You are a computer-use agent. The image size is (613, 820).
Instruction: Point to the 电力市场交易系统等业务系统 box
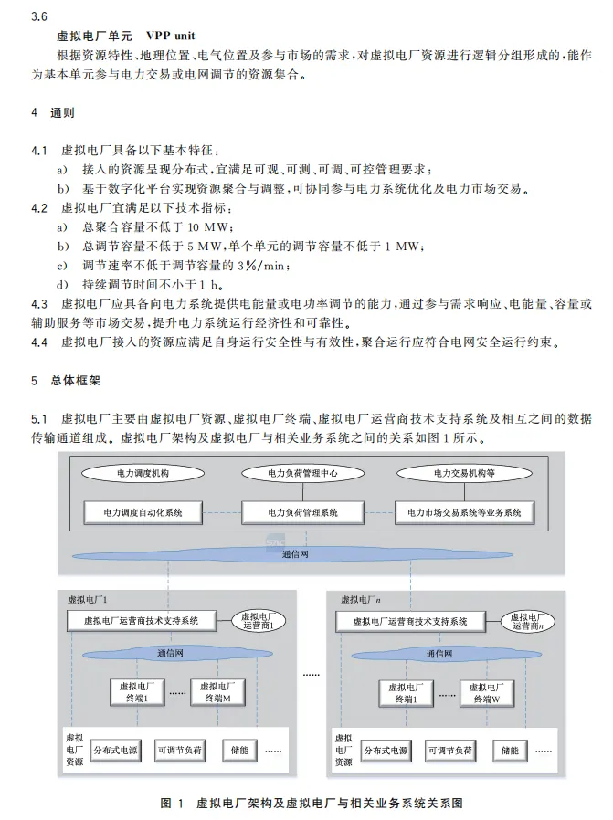click(x=463, y=512)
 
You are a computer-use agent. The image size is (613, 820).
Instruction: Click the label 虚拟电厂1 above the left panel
click(x=89, y=600)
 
